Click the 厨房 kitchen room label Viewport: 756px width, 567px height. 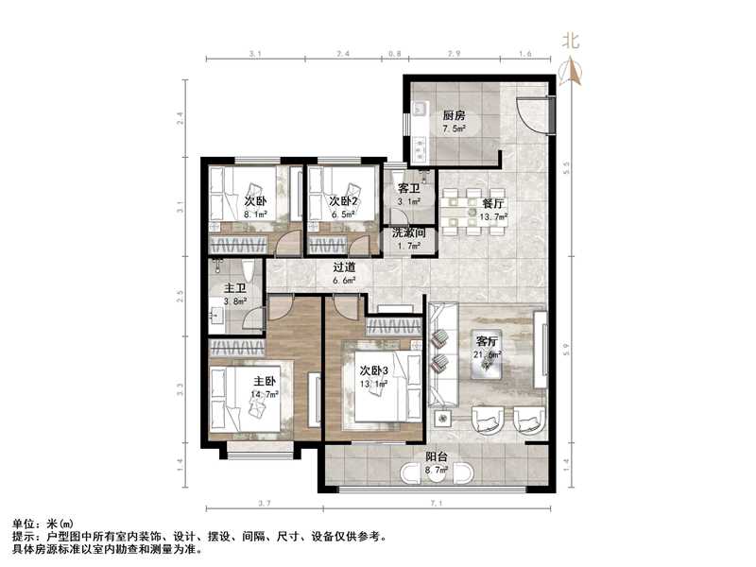(455, 116)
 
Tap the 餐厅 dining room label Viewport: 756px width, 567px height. (491, 202)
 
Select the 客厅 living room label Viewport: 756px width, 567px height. (487, 341)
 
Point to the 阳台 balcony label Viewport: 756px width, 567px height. (435, 456)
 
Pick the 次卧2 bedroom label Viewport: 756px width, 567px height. (343, 201)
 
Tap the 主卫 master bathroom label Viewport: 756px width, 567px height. (235, 288)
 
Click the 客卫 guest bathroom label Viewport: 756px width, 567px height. (408, 189)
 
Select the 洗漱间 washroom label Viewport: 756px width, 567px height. (409, 232)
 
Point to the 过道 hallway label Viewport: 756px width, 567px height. (344, 267)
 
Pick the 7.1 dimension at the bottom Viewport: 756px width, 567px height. (438, 504)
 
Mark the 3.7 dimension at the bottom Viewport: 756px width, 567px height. (263, 504)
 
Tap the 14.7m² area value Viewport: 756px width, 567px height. (266, 394)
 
